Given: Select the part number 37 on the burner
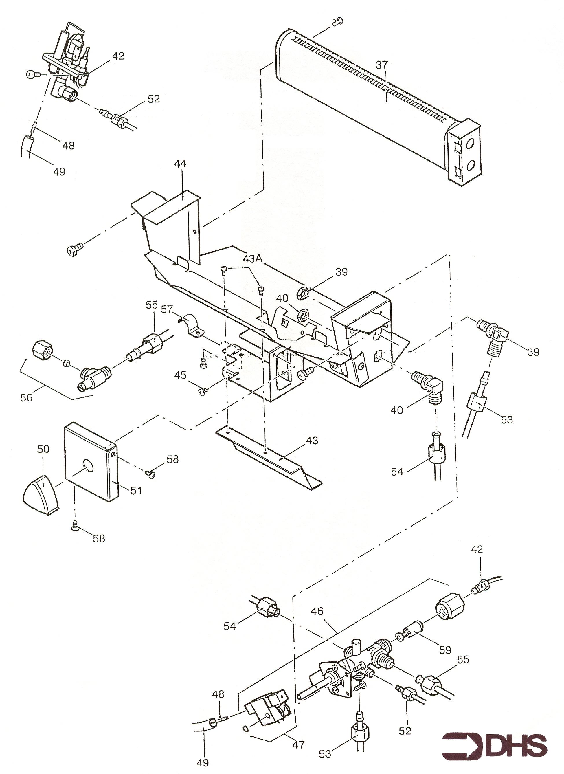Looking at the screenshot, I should point(382,65).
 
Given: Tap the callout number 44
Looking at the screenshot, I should point(180,164).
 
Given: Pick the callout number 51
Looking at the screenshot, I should point(136,490).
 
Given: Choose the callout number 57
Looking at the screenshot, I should point(168,309).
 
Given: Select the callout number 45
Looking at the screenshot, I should point(180,375).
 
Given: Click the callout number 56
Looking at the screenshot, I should point(27,397).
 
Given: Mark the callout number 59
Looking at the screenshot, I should point(445,650).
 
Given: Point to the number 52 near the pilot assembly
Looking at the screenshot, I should point(154,99).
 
